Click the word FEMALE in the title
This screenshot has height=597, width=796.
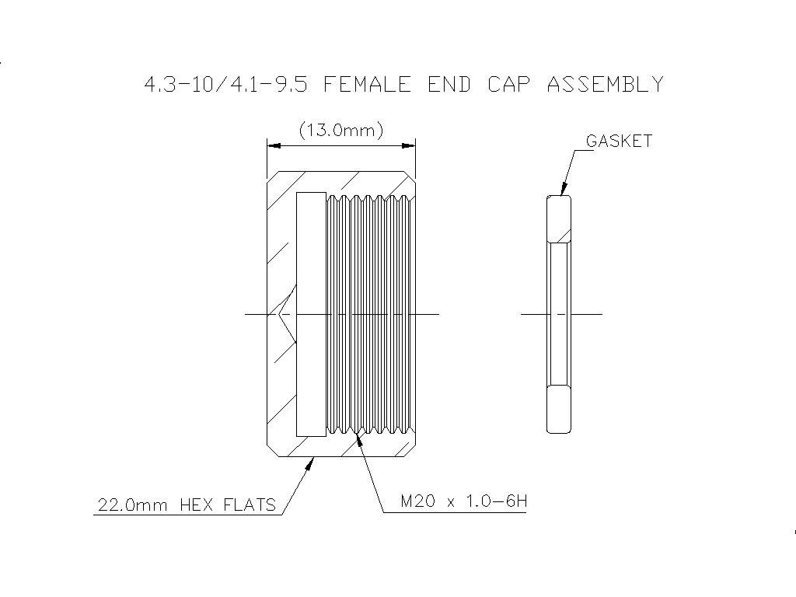[x=367, y=84]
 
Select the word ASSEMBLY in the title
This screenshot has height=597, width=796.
[x=605, y=84]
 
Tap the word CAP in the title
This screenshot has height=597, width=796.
[x=508, y=84]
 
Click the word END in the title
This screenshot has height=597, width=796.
[x=449, y=84]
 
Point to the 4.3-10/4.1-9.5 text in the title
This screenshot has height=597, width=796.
[x=226, y=84]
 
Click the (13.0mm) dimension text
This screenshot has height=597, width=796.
[x=341, y=131]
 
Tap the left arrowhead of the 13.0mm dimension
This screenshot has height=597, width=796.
[x=274, y=146]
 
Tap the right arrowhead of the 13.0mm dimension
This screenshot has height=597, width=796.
[x=409, y=146]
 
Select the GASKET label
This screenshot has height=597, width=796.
[x=619, y=141]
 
